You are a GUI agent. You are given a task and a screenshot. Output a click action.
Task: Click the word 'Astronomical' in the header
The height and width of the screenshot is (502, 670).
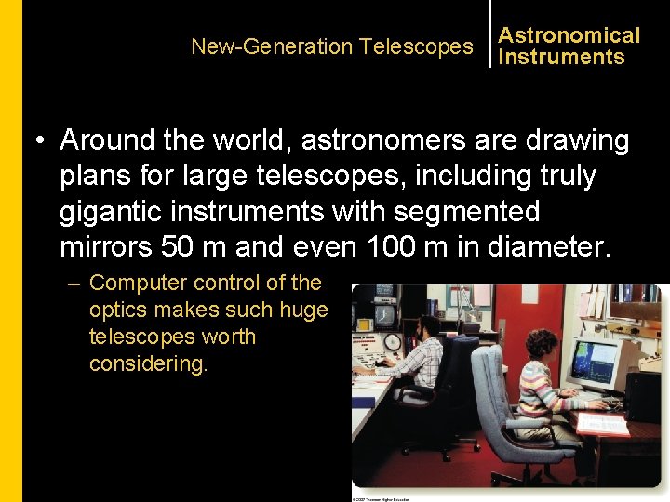[x=569, y=35]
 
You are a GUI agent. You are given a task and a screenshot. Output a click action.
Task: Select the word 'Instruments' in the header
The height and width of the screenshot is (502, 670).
[x=561, y=57]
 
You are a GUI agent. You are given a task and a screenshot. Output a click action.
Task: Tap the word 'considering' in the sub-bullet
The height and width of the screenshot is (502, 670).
[x=148, y=363]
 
